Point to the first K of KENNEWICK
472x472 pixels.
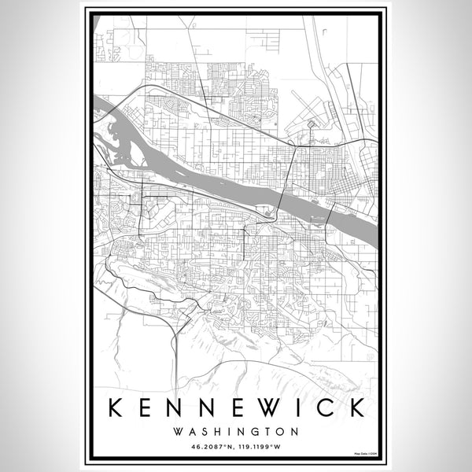[115, 408]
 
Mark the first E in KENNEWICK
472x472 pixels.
[149, 408]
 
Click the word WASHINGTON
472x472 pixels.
[236, 431]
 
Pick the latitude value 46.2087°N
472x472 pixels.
[211, 447]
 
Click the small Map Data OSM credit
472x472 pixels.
[364, 454]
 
